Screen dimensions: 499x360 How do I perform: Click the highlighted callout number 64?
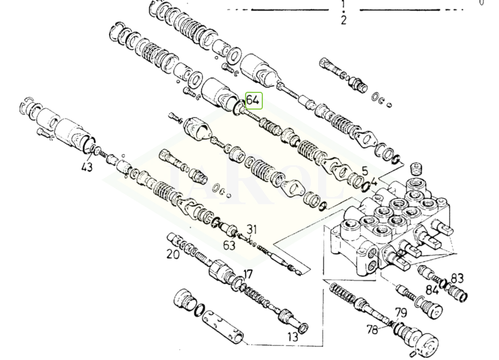pos(253,100)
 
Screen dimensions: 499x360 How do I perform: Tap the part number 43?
pos(86,166)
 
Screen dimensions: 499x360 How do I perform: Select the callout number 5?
pos(365,171)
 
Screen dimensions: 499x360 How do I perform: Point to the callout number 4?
pos(374,183)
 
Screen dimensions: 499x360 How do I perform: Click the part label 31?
pos(252,229)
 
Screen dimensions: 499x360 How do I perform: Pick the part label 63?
pos(229,245)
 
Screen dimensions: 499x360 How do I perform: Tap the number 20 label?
pos(173,254)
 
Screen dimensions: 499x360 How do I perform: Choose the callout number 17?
pos(248,274)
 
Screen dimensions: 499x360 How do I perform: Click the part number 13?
pos(292,337)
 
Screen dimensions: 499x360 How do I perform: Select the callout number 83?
pos(457,278)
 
